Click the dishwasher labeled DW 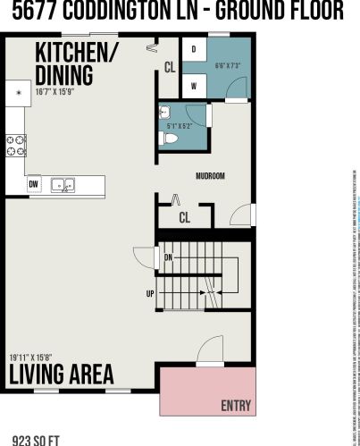(x=33, y=186)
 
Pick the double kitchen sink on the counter (x=63, y=186)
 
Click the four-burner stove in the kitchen (x=14, y=145)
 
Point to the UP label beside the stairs (x=150, y=292)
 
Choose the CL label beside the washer (x=169, y=66)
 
